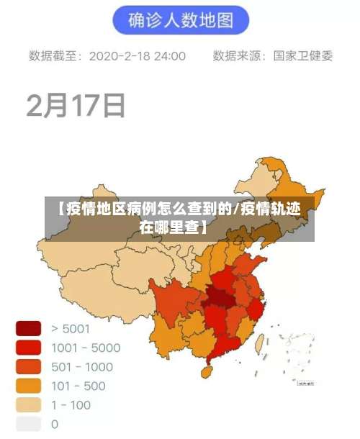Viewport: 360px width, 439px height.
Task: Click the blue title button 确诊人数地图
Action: (180, 20)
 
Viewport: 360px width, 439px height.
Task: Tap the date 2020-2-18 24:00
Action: (137, 56)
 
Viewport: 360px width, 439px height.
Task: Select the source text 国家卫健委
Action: (302, 56)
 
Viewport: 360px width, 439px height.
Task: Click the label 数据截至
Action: (55, 56)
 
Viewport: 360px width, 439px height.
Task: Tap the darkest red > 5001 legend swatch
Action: (29, 329)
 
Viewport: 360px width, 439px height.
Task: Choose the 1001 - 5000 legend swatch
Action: (29, 348)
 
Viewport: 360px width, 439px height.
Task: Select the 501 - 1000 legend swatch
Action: (29, 367)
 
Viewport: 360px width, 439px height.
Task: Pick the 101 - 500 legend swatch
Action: (29, 386)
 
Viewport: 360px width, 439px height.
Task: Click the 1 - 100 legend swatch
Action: (29, 404)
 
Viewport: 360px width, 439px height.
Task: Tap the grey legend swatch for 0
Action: (29, 424)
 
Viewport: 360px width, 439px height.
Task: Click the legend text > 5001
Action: (71, 329)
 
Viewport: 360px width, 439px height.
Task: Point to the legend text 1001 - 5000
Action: (86, 348)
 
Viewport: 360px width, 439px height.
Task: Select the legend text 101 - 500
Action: (78, 386)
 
